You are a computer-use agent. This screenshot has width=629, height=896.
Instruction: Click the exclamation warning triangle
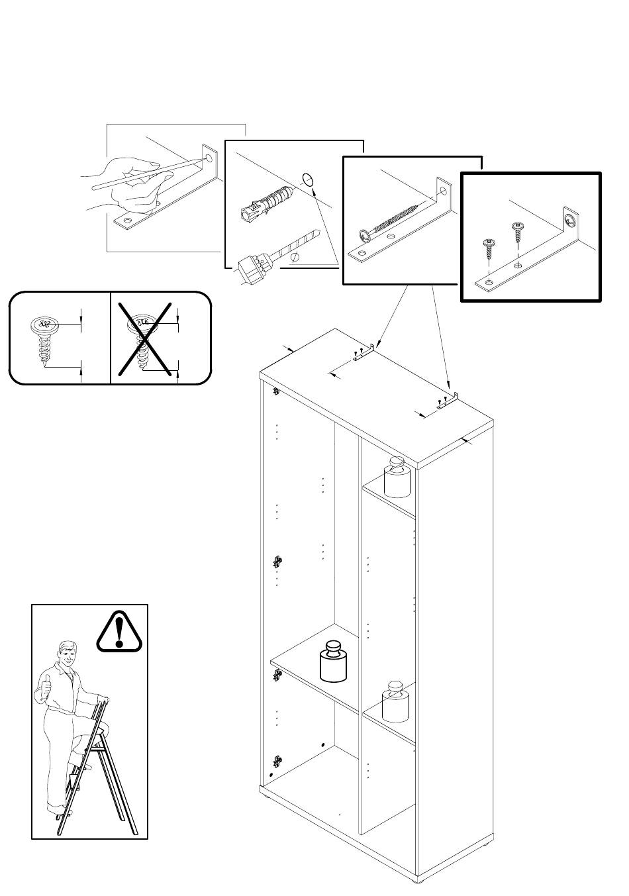[119, 632]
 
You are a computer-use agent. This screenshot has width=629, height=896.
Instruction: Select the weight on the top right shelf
[397, 477]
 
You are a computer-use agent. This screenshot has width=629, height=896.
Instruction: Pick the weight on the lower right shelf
[396, 701]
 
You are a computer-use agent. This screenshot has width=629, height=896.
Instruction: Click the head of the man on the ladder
[66, 656]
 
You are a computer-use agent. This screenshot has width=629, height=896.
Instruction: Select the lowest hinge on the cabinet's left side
[277, 763]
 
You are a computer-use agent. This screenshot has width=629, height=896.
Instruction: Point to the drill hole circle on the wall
[307, 179]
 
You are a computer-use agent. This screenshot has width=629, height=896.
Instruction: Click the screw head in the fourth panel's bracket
[570, 219]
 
